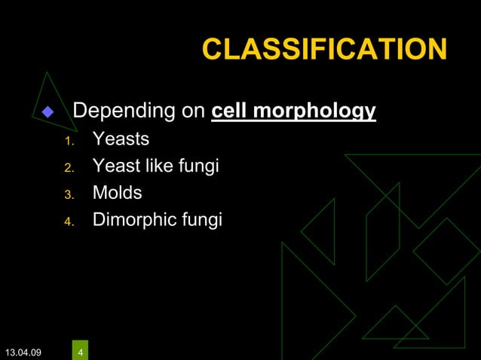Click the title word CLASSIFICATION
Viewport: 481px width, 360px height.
tap(324, 50)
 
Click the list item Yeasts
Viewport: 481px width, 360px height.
tap(121, 139)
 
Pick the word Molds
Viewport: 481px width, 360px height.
tap(117, 192)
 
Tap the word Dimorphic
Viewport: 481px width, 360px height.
tap(135, 219)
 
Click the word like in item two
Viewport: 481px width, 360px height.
tap(159, 165)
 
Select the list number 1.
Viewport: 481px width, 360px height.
tap(68, 142)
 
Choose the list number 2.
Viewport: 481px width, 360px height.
tap(68, 168)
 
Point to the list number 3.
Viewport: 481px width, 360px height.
tap(68, 194)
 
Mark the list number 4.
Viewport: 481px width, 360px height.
tap(68, 221)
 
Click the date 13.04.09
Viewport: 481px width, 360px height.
tap(23, 352)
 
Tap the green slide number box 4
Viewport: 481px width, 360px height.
tap(81, 350)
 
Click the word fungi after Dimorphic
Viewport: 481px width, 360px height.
tap(202, 219)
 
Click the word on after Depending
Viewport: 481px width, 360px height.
tap(191, 112)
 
